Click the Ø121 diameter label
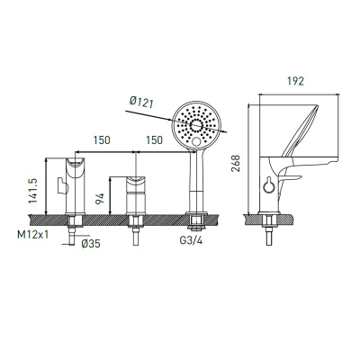pyautogui.click(x=141, y=102)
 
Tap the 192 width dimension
pyautogui.click(x=295, y=81)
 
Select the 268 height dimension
pyautogui.click(x=236, y=164)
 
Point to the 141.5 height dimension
pyautogui.click(x=32, y=191)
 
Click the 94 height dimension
pyautogui.click(x=100, y=199)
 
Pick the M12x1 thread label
pyautogui.click(x=32, y=234)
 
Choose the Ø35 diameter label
pyautogui.click(x=91, y=244)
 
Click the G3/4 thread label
pyautogui.click(x=191, y=240)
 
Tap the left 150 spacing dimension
pyautogui.click(x=102, y=140)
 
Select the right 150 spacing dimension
pyautogui.click(x=154, y=140)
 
